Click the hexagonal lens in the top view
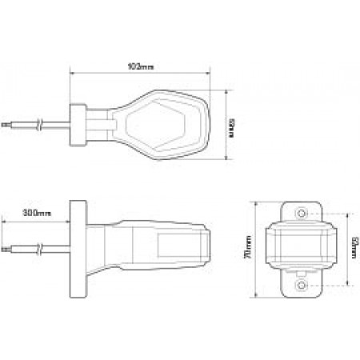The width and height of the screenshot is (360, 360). pos(166,124)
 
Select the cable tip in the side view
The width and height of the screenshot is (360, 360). pos(6,250)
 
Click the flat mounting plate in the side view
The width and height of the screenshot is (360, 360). pos(79,249)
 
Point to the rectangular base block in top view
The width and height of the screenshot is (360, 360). pos(79,126)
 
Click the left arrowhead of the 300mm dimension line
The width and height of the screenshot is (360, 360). pos(3,221)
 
